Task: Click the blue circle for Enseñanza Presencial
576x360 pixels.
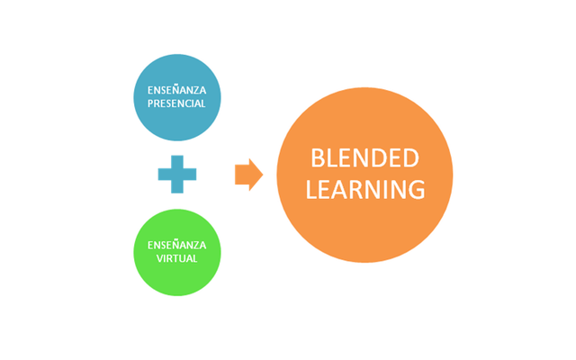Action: [x=176, y=97]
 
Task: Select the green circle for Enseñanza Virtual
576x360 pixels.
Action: [x=176, y=252]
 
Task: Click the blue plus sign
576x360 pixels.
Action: [x=177, y=174]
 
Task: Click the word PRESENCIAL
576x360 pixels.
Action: [x=176, y=103]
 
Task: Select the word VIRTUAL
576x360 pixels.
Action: [x=176, y=258]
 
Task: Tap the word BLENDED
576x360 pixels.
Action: [x=364, y=158]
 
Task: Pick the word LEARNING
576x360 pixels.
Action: [x=364, y=190]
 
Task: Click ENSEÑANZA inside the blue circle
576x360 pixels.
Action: [x=176, y=89]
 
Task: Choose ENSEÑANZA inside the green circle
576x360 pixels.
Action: [x=176, y=244]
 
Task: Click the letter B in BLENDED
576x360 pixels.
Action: [x=317, y=158]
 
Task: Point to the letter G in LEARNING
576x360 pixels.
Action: [x=416, y=190]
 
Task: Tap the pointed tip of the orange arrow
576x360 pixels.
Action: [x=262, y=174]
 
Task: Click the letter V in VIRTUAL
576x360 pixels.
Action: [x=157, y=258]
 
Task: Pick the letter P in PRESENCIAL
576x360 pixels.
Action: [x=149, y=103]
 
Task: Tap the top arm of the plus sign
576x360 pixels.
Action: [x=177, y=161]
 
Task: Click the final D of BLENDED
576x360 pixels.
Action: [x=411, y=158]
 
